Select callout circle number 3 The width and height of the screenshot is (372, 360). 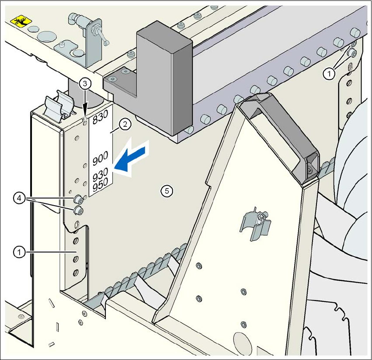(86, 83)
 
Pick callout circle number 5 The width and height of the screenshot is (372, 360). (166, 190)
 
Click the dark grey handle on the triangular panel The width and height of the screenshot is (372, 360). (284, 131)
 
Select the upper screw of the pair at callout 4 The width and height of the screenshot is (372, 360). (79, 199)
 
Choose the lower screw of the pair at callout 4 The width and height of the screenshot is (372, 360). (78, 211)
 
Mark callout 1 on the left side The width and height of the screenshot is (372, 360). (18, 252)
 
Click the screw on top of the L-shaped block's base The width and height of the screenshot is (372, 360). (113, 79)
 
